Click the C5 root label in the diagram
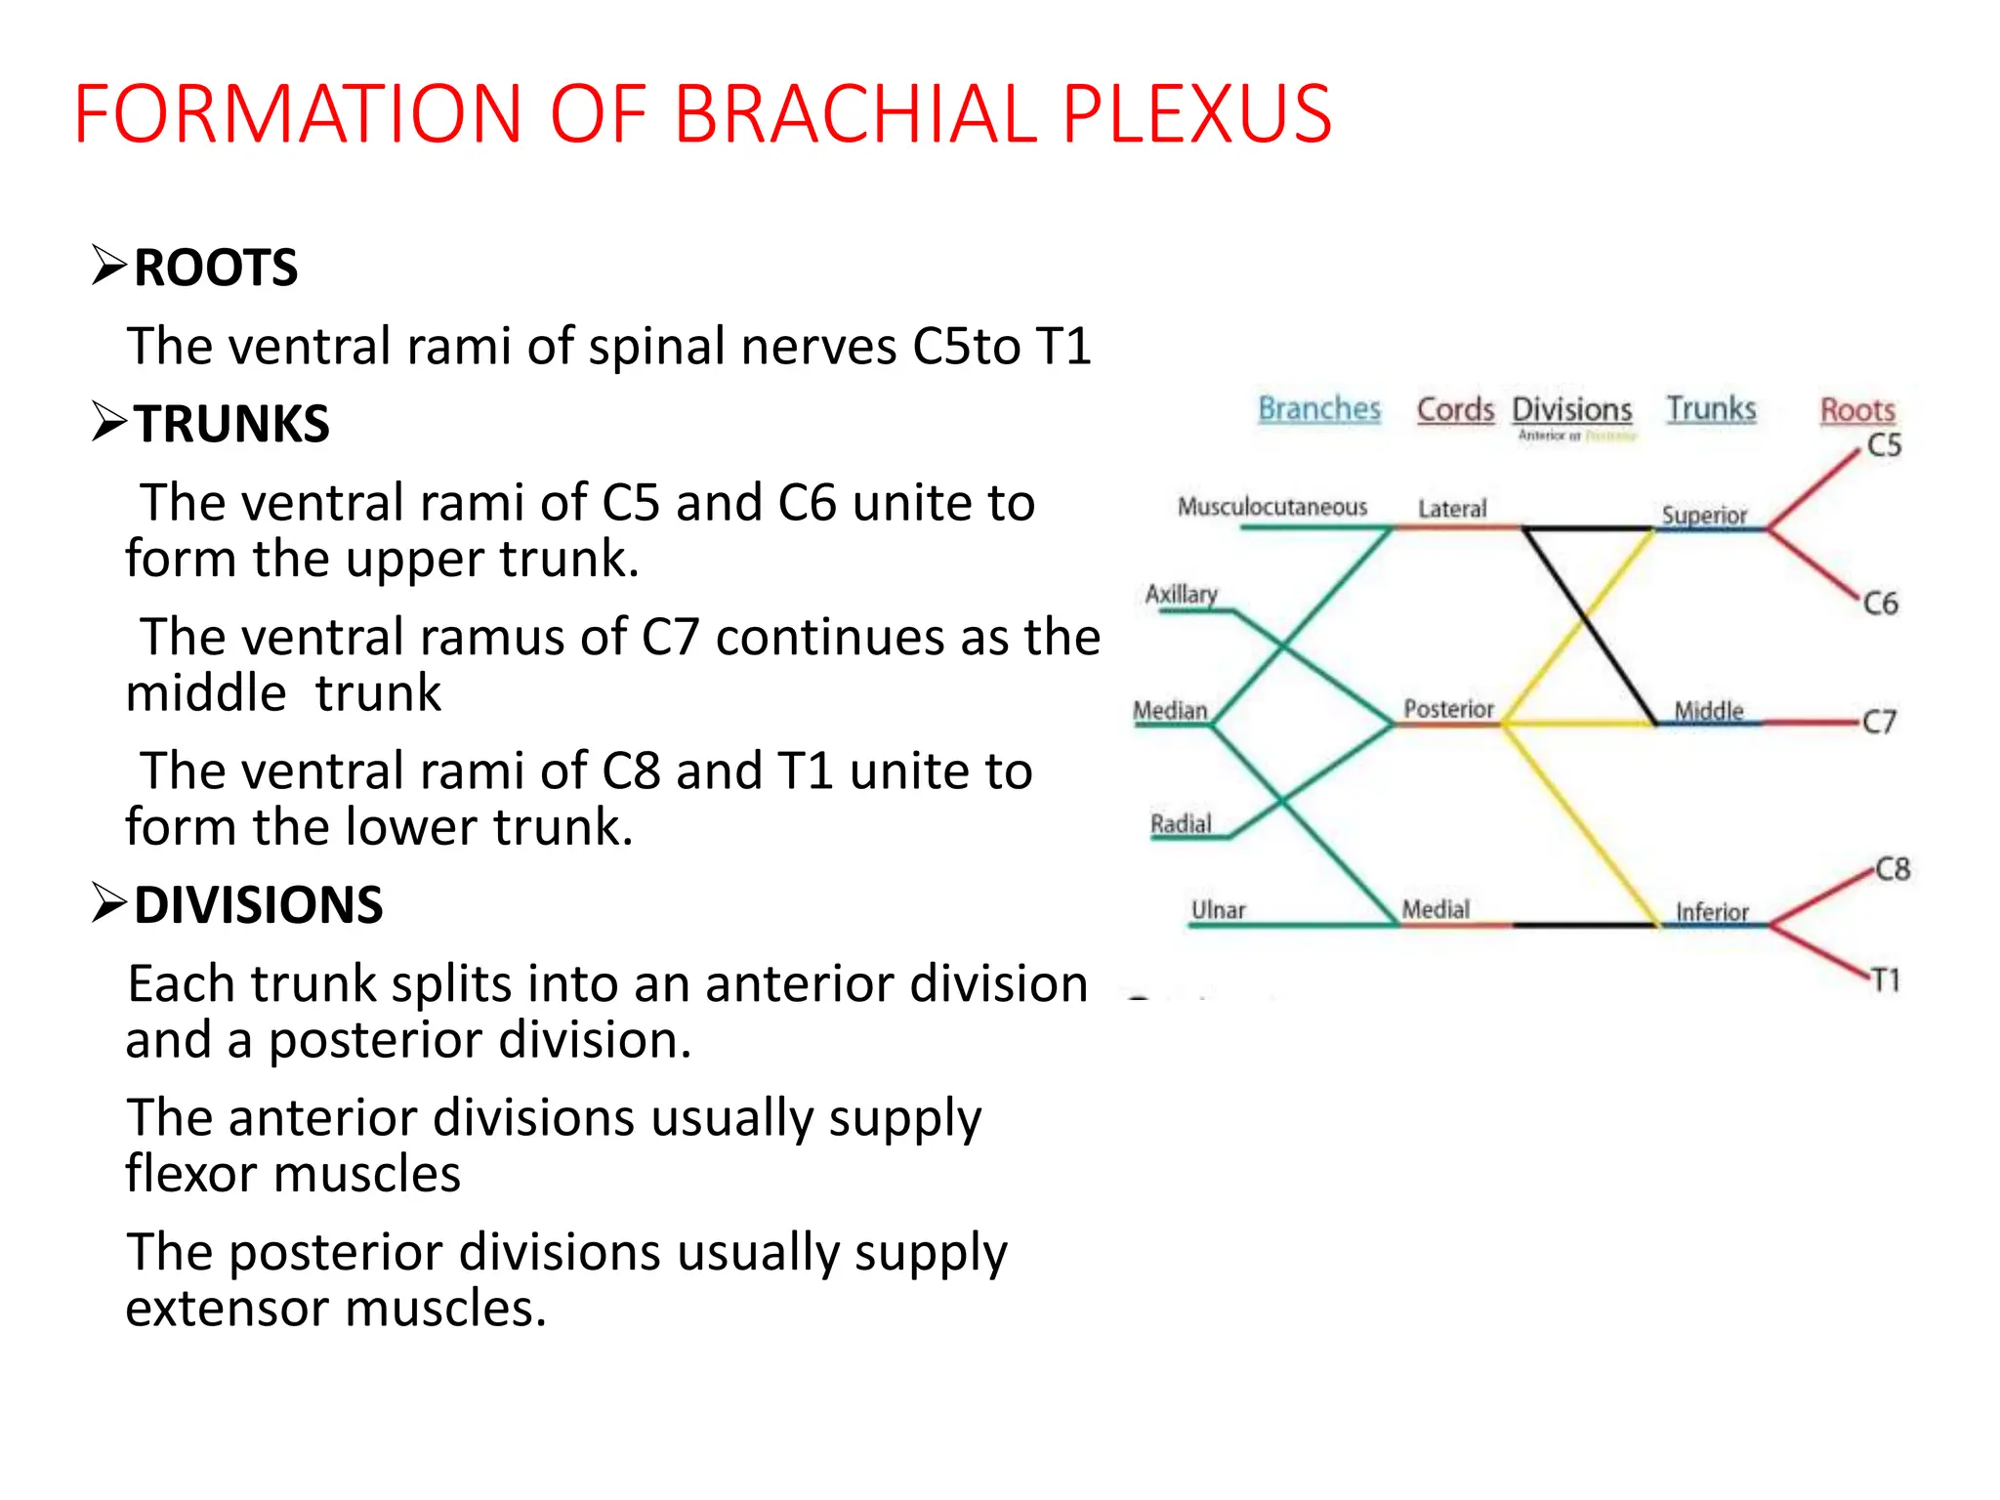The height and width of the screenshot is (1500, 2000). [x=1884, y=445]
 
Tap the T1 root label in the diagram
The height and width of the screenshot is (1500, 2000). [x=1886, y=979]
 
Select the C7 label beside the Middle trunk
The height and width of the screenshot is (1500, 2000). [x=1879, y=722]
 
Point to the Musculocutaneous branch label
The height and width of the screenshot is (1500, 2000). [x=1271, y=507]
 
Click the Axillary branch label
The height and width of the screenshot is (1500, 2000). [x=1181, y=594]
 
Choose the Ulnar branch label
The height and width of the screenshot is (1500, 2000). [x=1218, y=910]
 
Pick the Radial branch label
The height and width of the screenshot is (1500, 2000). [x=1181, y=824]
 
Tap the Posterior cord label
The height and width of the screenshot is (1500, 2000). [x=1448, y=709]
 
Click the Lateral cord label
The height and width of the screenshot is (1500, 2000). [x=1452, y=509]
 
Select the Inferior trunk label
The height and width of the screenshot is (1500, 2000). [x=1712, y=912]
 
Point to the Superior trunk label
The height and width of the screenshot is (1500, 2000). [x=1704, y=515]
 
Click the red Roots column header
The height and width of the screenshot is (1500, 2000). [x=1857, y=410]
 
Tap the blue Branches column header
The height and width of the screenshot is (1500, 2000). [x=1318, y=408]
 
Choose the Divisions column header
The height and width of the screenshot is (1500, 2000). [x=1571, y=409]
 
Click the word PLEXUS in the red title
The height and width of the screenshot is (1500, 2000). [x=1196, y=114]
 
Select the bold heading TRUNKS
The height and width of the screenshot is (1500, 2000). [x=231, y=424]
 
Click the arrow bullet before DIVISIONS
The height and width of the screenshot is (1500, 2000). [x=108, y=902]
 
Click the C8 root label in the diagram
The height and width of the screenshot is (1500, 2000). [x=1892, y=869]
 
